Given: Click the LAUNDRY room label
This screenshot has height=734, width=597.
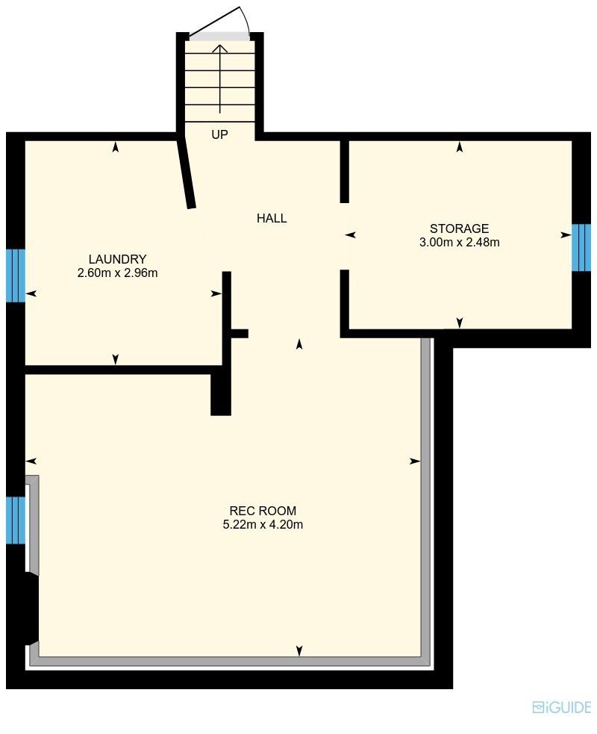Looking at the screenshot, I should pos(117,260).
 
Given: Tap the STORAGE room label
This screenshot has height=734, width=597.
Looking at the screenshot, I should pos(459,228).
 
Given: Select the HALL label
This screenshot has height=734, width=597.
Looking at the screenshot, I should pos(272,218).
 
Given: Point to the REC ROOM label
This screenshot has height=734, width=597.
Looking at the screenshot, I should pos(263,511).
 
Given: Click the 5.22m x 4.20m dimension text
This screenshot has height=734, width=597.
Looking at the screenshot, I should pos(263,524).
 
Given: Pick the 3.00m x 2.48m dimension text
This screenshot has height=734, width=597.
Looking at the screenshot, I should pos(459,242).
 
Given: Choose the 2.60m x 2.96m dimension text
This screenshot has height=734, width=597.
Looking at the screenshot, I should pos(117,273).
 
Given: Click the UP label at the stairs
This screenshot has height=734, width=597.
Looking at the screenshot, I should pos(219,135).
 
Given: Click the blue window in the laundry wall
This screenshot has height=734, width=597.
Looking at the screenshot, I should pos(16,276).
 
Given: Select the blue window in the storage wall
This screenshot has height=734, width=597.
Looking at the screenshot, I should pos(581,247).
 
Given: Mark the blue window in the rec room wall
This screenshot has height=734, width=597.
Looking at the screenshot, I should pos(16,520).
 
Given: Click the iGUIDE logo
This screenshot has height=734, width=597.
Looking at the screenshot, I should pos(561,707).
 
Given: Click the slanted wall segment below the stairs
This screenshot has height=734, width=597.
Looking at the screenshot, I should pos(186,172).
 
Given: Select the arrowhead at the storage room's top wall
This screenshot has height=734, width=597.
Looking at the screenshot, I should pos(460,147).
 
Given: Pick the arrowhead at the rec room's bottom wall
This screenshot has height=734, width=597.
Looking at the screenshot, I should pos(299,651).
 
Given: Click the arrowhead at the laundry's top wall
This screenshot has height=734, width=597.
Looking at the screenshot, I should pos(116,147).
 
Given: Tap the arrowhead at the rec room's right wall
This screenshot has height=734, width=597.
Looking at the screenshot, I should pos(415,461).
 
